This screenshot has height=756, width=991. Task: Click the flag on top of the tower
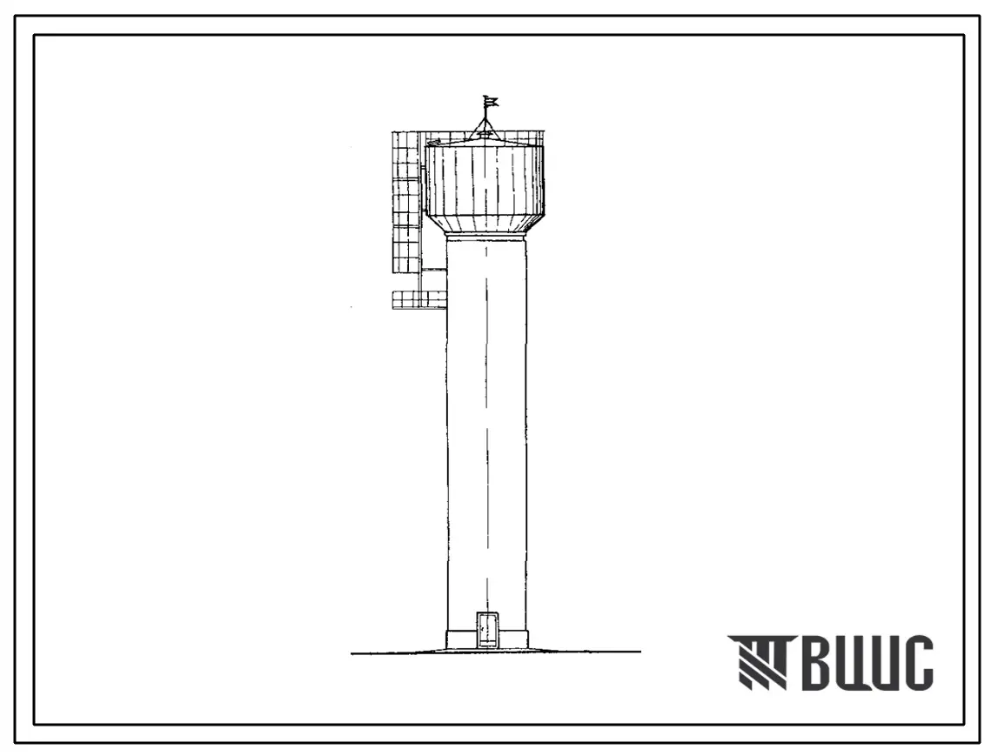click(491, 101)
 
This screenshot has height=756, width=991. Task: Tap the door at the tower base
click(486, 630)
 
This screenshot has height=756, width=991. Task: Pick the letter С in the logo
click(916, 662)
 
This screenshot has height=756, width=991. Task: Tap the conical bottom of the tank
click(485, 224)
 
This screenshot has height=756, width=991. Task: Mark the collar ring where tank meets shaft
click(485, 237)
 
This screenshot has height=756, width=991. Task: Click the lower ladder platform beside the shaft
click(419, 299)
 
